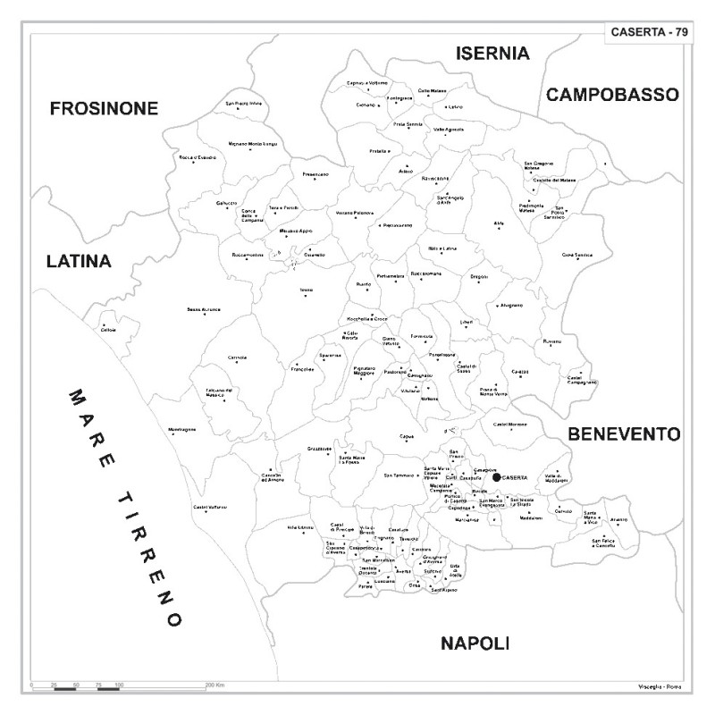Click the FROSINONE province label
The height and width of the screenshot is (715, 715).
[x=104, y=109]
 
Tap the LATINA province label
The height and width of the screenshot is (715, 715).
[x=79, y=262]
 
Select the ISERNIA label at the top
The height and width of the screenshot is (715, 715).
[x=492, y=54]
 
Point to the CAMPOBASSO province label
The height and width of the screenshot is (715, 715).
[x=613, y=94]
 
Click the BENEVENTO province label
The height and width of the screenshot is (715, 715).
[x=625, y=434]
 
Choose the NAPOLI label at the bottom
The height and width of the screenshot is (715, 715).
[x=475, y=643]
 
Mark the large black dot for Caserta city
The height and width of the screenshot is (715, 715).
[x=497, y=477]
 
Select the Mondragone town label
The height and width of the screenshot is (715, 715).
[x=181, y=430]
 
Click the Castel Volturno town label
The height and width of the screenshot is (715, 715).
[x=211, y=508]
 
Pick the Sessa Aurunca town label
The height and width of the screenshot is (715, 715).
[x=203, y=309]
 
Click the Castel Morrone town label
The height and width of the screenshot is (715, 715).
[x=510, y=424]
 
